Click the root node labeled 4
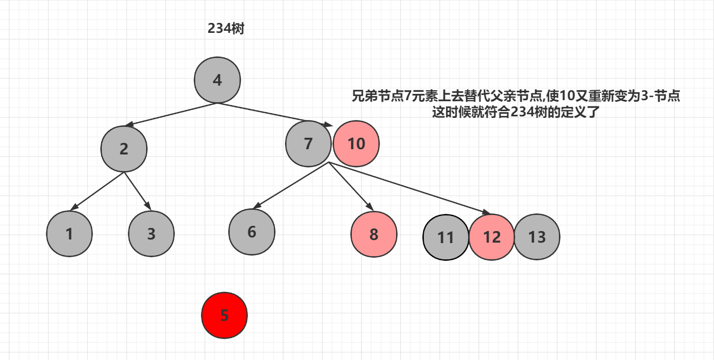(217, 80)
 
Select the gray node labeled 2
(124, 149)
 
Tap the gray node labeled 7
(308, 143)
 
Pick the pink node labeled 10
(356, 143)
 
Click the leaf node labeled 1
(69, 234)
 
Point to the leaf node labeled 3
(151, 234)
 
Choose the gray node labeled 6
(252, 232)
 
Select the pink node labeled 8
(374, 234)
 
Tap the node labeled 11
(446, 237)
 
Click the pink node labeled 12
(492, 237)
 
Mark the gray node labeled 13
(537, 237)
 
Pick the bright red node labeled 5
(224, 316)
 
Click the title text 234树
(226, 29)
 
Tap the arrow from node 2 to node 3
(137, 191)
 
